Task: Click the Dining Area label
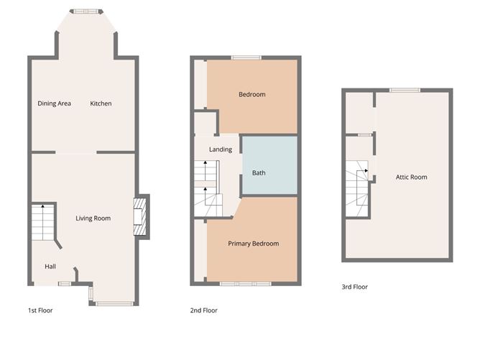(54, 103)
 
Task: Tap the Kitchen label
(101, 103)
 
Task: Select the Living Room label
(93, 218)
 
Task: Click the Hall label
(50, 266)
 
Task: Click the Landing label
(220, 149)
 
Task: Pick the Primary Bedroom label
(253, 244)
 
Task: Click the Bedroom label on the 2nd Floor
(251, 95)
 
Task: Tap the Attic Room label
(411, 177)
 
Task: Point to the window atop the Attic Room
(405, 90)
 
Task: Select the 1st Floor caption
(40, 310)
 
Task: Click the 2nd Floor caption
(204, 310)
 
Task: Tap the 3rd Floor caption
(354, 287)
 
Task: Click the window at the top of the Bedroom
(245, 57)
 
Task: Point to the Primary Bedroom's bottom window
(245, 285)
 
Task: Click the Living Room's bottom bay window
(111, 304)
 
